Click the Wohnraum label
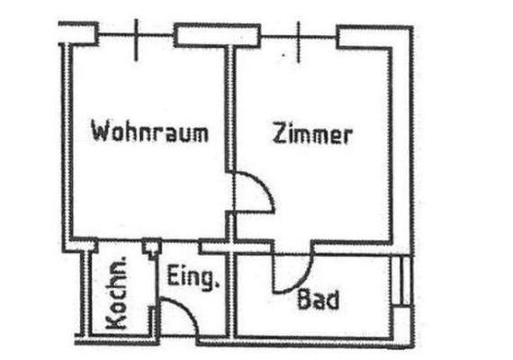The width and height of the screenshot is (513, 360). tap(149, 131)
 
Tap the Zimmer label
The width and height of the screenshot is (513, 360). tap(312, 133)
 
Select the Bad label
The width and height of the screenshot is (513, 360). tap(318, 299)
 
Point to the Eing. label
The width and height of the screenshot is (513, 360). tap(193, 277)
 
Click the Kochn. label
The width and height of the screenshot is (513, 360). tap(117, 292)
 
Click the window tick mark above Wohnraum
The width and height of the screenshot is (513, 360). tap(137, 40)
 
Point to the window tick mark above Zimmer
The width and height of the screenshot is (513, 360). tap(298, 42)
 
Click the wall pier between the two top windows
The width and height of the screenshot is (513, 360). tap(217, 35)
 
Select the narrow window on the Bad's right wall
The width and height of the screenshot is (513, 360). tap(401, 281)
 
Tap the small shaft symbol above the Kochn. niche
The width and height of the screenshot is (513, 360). tap(151, 248)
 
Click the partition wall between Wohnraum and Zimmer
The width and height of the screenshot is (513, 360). tap(230, 108)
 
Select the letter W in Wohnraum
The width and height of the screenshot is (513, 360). tap(99, 130)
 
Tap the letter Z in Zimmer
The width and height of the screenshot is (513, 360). tap(280, 133)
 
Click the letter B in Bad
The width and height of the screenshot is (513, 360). tap(304, 299)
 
